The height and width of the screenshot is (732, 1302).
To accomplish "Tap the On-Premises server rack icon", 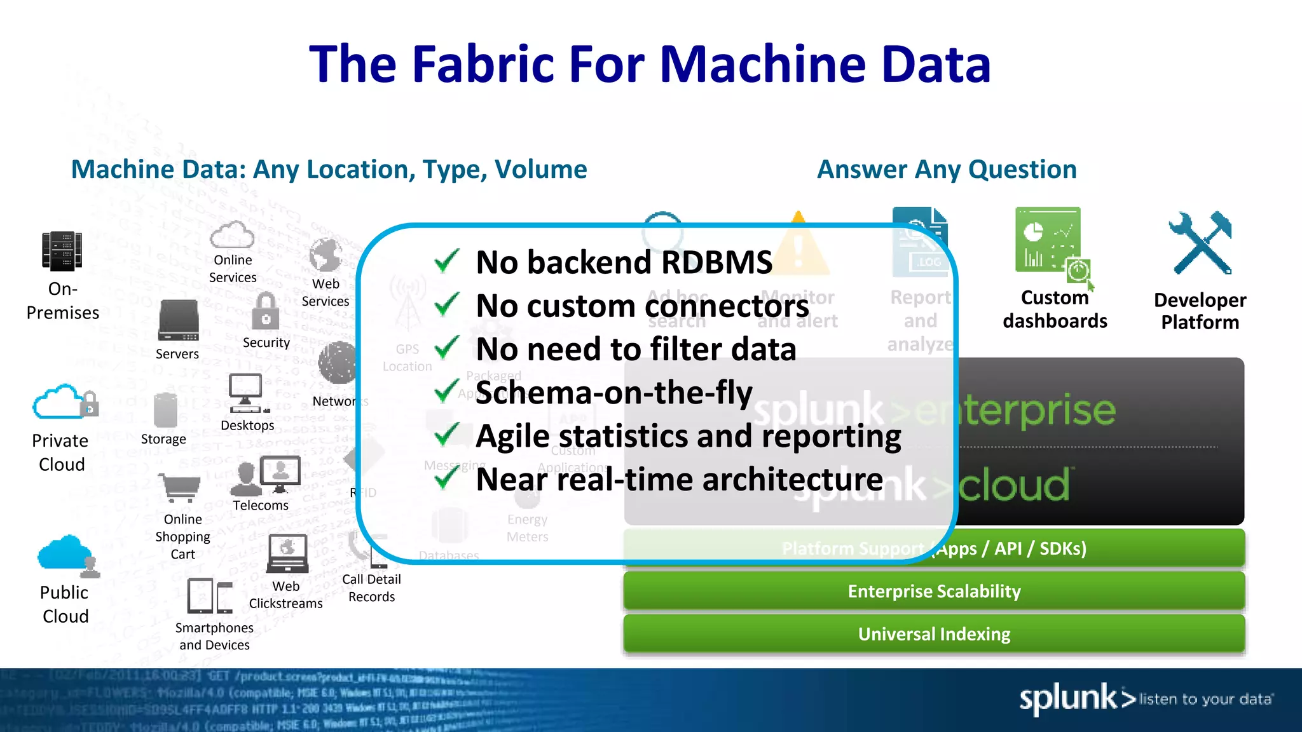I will point(62,251).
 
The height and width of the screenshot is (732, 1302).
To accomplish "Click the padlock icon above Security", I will point(266,312).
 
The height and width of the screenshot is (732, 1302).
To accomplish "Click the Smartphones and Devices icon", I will point(210,596).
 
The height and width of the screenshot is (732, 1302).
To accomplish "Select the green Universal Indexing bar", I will point(933,634).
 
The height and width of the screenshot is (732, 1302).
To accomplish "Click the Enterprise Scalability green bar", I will point(933,592).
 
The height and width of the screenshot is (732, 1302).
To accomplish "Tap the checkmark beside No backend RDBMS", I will point(447,261).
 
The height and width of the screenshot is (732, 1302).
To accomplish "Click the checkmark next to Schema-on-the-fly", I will point(447,391).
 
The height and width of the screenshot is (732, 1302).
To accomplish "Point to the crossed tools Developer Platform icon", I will point(1200,243).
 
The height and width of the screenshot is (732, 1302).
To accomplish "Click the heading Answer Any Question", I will point(947,170).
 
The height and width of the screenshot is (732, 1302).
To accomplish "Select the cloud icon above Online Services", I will point(232,235).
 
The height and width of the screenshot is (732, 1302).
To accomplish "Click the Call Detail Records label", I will point(371,588).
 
